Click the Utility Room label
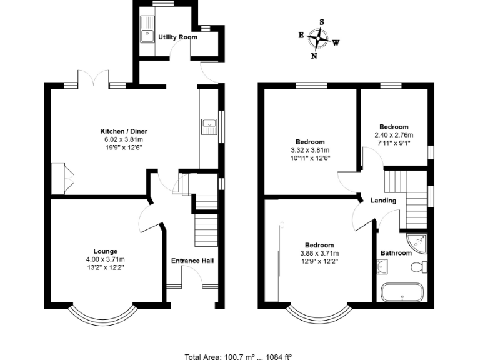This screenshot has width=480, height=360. (x=177, y=37)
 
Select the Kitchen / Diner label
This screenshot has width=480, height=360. (x=124, y=131)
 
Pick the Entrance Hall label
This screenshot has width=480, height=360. (x=192, y=261)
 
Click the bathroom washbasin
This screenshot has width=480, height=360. (x=384, y=267)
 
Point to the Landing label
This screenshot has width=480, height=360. (x=383, y=201)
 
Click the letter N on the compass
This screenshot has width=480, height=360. (x=314, y=56)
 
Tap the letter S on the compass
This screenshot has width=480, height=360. (x=322, y=22)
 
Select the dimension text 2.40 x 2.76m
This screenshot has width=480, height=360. (x=394, y=135)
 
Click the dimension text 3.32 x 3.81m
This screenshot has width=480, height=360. (x=311, y=150)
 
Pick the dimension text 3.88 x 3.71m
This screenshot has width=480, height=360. (x=319, y=253)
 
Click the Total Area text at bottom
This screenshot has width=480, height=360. (x=239, y=356)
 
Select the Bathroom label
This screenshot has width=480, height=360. (x=396, y=253)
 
